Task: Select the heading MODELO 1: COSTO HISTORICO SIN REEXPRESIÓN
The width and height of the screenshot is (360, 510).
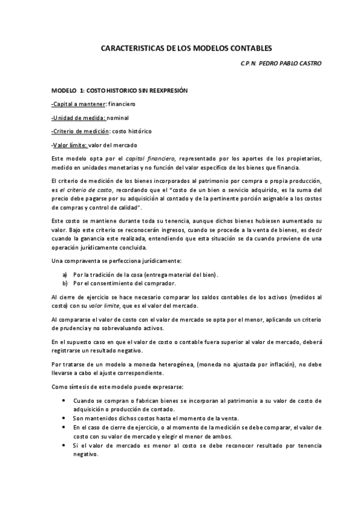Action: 120,90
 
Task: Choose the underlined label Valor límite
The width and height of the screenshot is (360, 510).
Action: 70,144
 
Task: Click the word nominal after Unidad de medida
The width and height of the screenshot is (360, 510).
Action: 118,117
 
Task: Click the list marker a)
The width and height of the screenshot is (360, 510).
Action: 65,274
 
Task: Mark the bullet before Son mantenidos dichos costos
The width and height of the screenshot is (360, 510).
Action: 65,418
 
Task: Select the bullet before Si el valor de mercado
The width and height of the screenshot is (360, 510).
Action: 65,446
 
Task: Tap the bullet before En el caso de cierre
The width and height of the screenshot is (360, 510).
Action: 65,427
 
